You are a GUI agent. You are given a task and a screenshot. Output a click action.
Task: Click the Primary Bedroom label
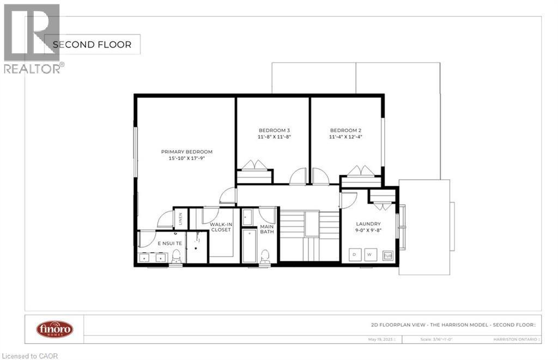(x=186, y=152)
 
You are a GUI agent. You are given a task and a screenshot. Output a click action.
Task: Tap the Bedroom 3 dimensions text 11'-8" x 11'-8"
(x=274, y=137)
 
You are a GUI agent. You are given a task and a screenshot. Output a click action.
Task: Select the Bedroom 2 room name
(x=345, y=130)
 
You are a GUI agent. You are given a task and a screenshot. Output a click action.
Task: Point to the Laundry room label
(x=368, y=224)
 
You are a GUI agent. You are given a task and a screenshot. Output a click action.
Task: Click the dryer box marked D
(x=354, y=254)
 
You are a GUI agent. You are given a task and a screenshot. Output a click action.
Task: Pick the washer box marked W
(x=371, y=254)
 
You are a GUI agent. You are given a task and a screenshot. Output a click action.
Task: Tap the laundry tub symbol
(x=387, y=255)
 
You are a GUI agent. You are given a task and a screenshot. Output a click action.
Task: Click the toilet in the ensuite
(x=177, y=256)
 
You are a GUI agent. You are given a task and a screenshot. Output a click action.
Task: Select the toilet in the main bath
(x=265, y=255)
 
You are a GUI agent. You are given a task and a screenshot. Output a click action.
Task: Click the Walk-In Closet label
(x=221, y=227)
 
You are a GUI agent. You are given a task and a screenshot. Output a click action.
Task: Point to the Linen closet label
(x=180, y=219)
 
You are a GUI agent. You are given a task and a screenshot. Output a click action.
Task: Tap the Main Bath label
(x=267, y=229)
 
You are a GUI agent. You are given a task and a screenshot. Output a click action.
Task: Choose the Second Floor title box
(x=92, y=45)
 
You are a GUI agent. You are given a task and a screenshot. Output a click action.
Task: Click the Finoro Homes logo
(x=54, y=329)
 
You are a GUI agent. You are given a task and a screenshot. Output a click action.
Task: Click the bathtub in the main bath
(x=249, y=246)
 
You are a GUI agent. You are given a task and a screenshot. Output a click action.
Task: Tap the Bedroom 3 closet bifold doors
(x=254, y=165)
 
